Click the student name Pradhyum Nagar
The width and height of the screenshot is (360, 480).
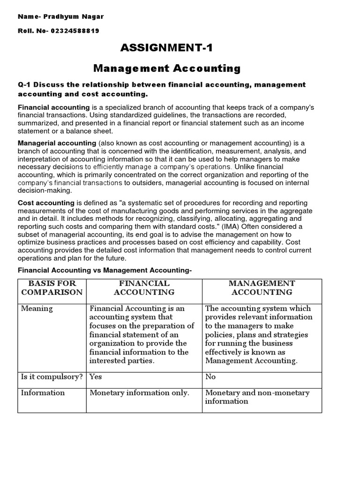(x=74, y=17)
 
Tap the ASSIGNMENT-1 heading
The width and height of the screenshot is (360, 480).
(x=167, y=48)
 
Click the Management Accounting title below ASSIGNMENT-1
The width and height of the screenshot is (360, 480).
(x=167, y=68)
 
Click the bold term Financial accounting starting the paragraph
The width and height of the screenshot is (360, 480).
(x=53, y=107)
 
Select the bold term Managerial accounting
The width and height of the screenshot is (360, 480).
(x=57, y=143)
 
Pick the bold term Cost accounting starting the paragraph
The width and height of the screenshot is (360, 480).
(x=46, y=203)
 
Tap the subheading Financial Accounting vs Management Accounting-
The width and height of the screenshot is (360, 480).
(x=105, y=270)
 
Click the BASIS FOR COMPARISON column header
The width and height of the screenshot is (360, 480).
(x=52, y=288)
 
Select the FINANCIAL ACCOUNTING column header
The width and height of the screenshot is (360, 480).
(x=144, y=288)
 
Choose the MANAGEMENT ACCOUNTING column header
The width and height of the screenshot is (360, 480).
(x=262, y=288)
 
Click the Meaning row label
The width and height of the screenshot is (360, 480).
(x=37, y=308)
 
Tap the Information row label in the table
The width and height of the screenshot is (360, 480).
(x=43, y=393)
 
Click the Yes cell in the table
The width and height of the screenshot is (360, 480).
(x=96, y=377)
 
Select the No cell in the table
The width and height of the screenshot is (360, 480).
(x=210, y=377)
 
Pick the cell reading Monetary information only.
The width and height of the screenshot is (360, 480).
(x=139, y=393)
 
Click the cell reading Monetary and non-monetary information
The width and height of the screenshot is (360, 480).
(x=257, y=397)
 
